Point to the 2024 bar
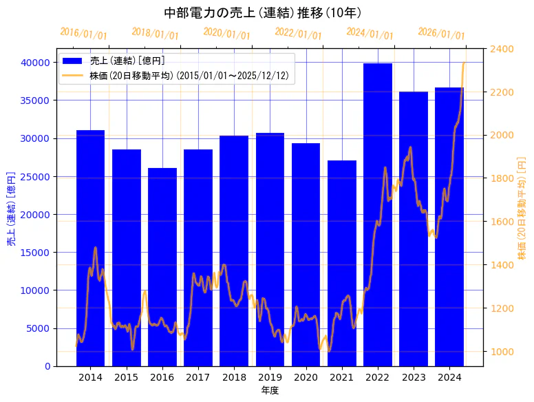(x=449, y=227)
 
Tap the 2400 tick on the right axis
(x=502, y=49)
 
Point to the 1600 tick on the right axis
(x=502, y=222)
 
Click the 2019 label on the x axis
(x=270, y=377)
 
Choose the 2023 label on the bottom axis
(x=414, y=377)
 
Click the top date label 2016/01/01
(x=84, y=34)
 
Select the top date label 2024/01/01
(x=370, y=34)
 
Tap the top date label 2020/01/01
(x=227, y=34)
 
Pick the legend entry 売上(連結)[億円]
(x=127, y=61)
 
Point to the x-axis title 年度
(x=270, y=390)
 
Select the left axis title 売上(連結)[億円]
(x=11, y=207)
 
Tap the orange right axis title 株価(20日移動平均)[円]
(x=522, y=207)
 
